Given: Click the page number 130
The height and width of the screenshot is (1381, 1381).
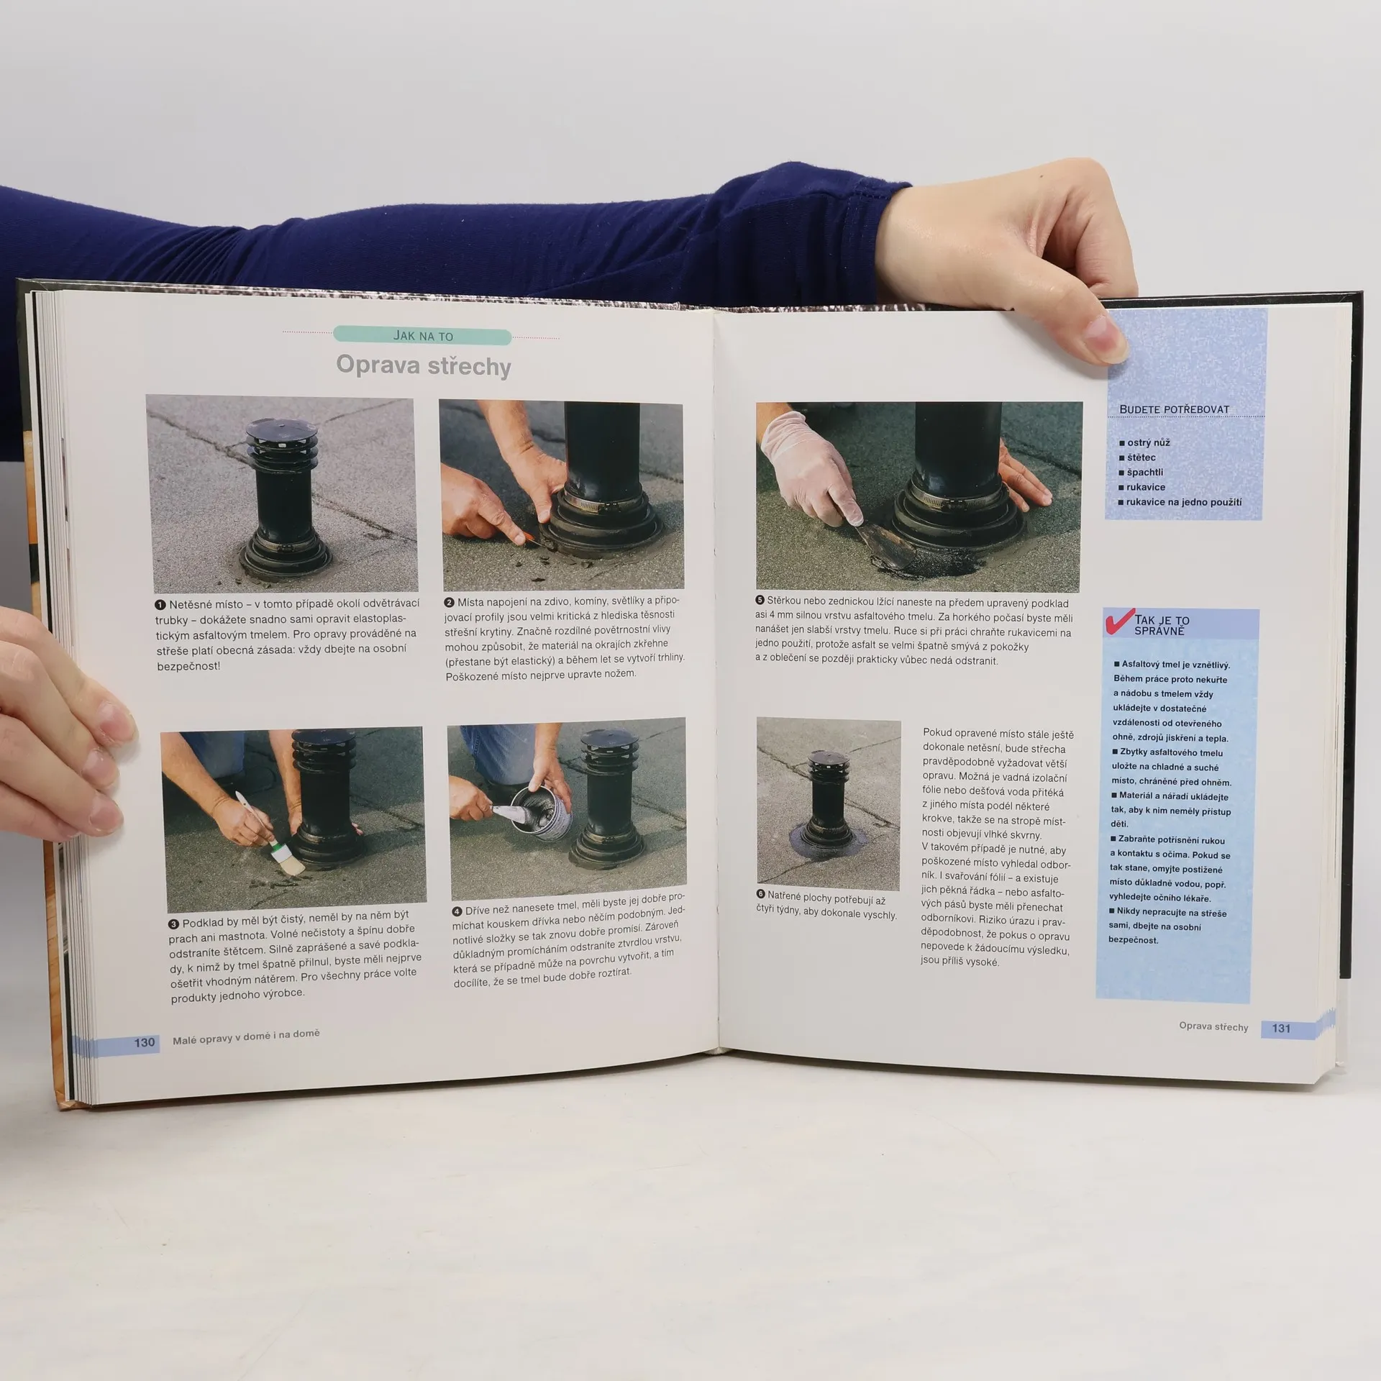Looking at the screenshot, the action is pyautogui.click(x=145, y=1042).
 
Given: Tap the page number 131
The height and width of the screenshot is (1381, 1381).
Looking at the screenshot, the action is pyautogui.click(x=1281, y=1028).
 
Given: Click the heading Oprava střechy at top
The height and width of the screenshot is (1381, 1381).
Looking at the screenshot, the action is pyautogui.click(x=424, y=365).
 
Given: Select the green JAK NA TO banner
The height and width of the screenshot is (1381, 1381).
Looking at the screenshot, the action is pyautogui.click(x=422, y=336).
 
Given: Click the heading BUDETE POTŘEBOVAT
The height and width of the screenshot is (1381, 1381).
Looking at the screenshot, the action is pyautogui.click(x=1175, y=409).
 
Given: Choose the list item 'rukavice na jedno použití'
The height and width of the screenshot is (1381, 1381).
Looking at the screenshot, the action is pyautogui.click(x=1180, y=502).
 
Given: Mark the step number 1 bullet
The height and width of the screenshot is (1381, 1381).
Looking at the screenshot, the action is pyautogui.click(x=160, y=605).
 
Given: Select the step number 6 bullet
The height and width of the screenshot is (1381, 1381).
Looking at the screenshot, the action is pyautogui.click(x=761, y=894).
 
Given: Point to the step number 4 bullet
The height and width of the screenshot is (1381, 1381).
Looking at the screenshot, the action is pyautogui.click(x=457, y=911).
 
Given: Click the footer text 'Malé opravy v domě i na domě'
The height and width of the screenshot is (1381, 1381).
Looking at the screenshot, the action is pyautogui.click(x=246, y=1038).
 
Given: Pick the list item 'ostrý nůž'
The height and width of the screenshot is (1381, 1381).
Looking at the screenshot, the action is pyautogui.click(x=1144, y=442).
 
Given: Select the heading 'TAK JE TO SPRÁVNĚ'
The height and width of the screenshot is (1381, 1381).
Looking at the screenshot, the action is pyautogui.click(x=1162, y=625).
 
